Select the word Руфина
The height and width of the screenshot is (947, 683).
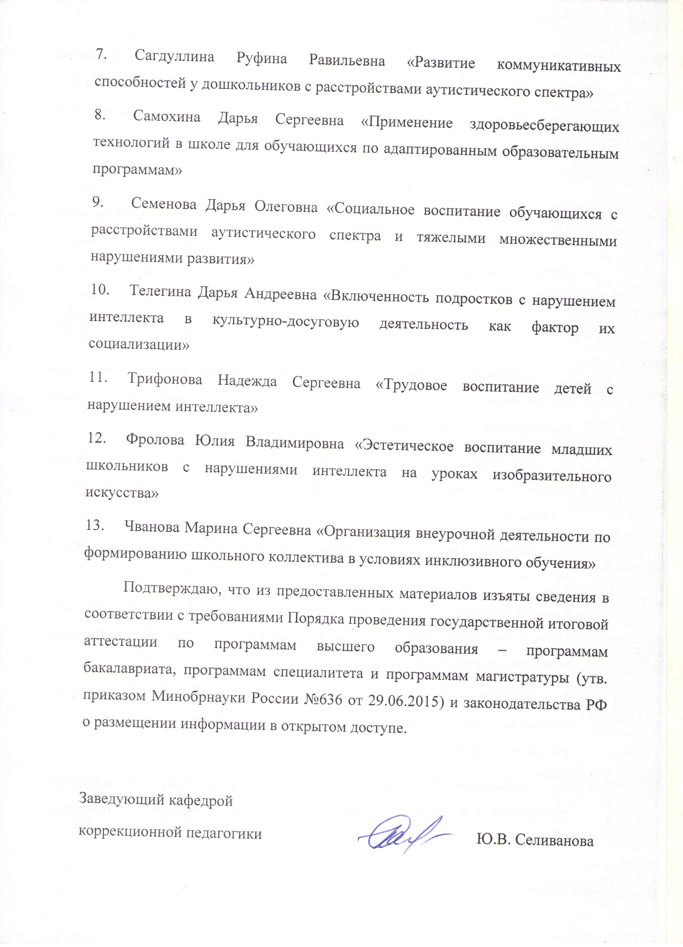tap(262, 59)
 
